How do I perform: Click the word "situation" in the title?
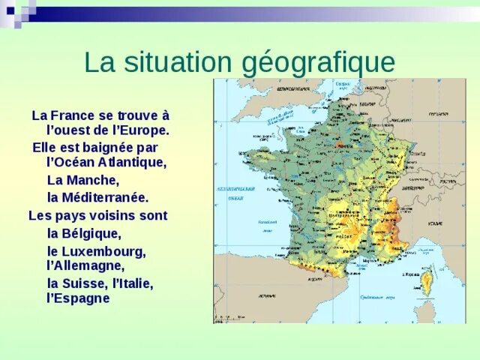[x=173, y=61]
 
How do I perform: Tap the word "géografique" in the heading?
[x=318, y=63]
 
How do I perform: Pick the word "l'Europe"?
[x=139, y=130]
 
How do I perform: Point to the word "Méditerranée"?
[x=105, y=198]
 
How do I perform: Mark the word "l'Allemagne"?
[x=85, y=265]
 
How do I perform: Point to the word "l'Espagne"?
[x=78, y=298]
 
